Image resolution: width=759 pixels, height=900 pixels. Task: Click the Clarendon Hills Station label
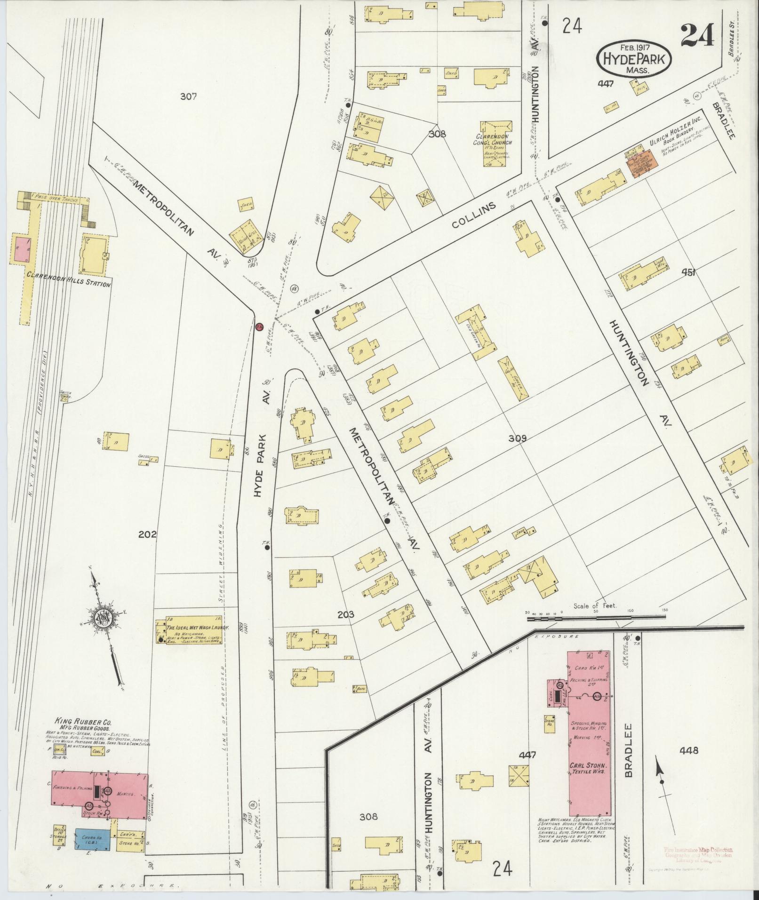pos(68,285)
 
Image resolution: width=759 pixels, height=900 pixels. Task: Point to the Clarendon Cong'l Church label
pos(493,140)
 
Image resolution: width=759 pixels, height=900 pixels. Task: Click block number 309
pos(517,438)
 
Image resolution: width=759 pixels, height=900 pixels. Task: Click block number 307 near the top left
pos(188,96)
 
